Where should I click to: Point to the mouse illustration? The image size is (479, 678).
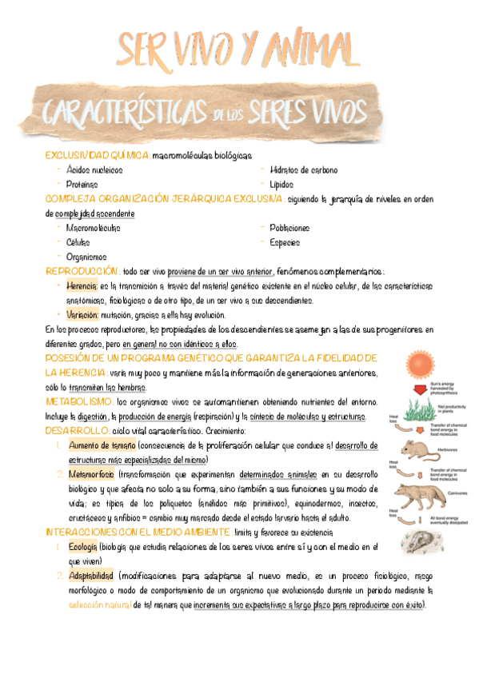click(416, 449)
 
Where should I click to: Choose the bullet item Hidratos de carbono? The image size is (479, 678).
click(304, 169)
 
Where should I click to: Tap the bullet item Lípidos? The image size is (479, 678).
click(282, 184)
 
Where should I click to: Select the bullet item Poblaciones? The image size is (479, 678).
click(289, 228)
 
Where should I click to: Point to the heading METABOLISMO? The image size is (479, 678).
click(79, 401)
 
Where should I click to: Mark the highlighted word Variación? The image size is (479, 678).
click(82, 315)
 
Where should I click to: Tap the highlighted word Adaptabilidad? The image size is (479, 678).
click(90, 576)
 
